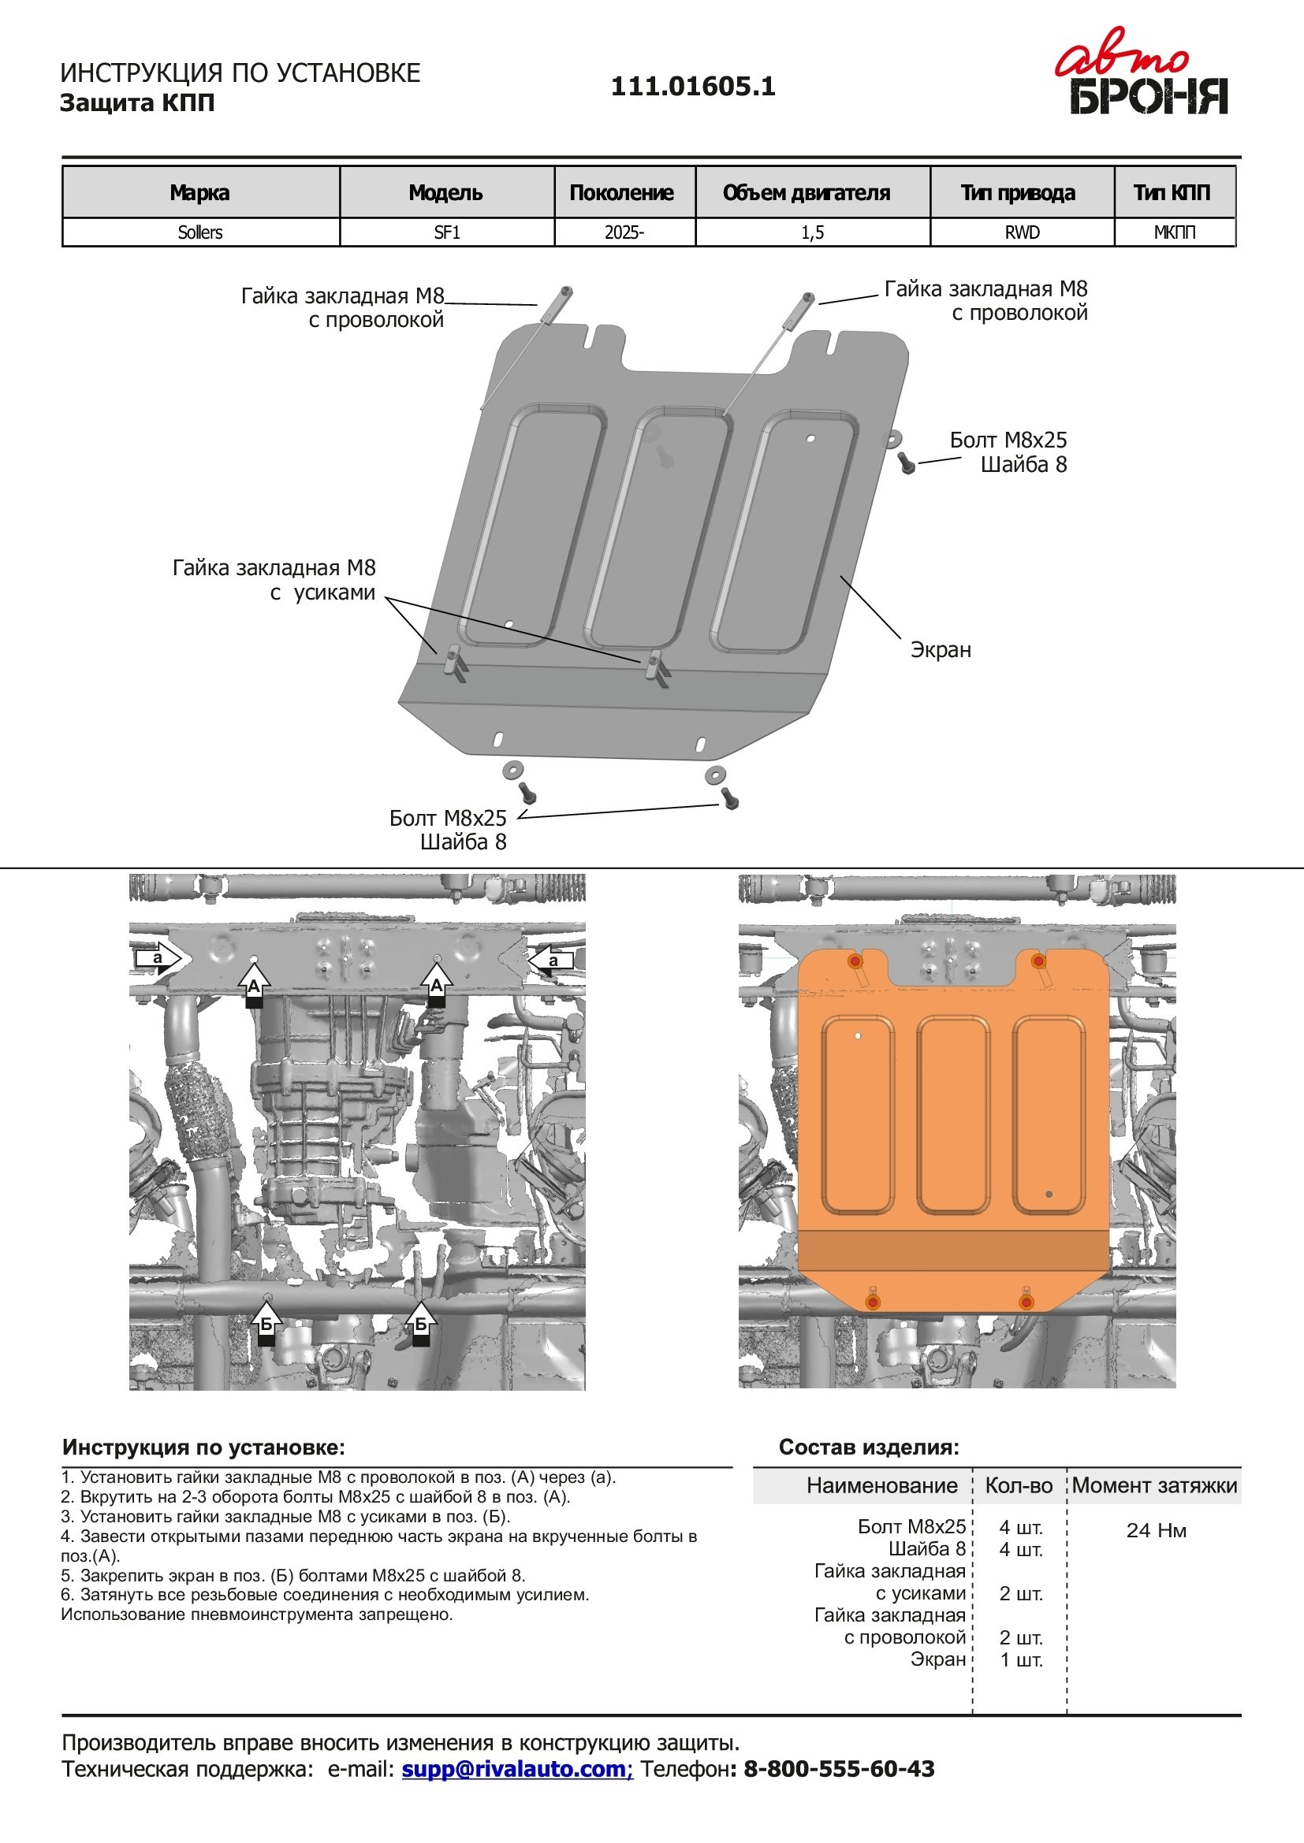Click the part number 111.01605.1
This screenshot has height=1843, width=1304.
693,87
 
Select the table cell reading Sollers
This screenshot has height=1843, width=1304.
200,232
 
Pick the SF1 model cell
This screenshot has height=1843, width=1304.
446,232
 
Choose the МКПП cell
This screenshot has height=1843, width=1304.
1174,232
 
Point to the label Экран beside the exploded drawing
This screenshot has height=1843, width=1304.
941,649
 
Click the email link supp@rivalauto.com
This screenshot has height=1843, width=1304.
517,1768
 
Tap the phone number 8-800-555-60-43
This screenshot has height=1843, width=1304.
838,1768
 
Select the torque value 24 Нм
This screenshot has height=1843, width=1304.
1156,1530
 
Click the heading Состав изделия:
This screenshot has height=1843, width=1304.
869,1447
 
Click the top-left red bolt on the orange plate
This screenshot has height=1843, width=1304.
855,961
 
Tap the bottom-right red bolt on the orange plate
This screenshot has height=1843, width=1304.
1026,1301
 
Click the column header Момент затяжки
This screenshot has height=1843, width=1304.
1154,1485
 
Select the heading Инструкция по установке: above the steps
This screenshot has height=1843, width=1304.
203,1447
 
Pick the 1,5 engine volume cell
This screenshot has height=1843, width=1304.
812,232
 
